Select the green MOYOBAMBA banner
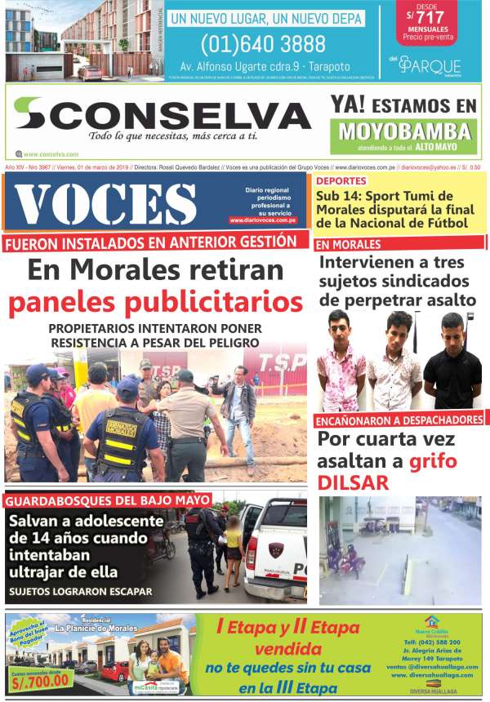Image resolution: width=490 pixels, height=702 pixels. pyautogui.click(x=405, y=131)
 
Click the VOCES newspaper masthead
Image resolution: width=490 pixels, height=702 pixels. pyautogui.click(x=106, y=202)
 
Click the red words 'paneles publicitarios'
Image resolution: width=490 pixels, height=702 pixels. pyautogui.click(x=154, y=303)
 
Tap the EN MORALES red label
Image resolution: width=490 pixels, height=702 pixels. pyautogui.click(x=349, y=245)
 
